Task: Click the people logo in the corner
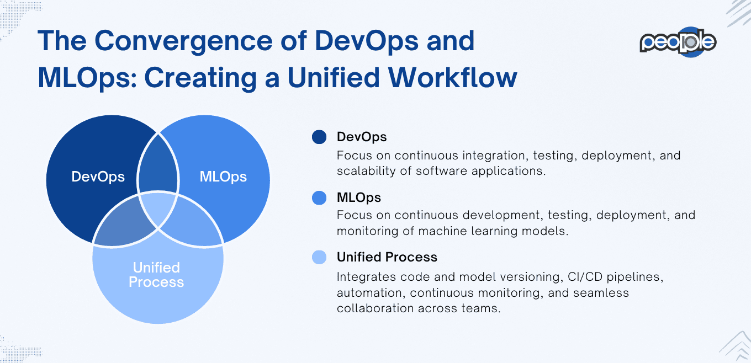(x=678, y=42)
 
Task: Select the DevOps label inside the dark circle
(x=98, y=177)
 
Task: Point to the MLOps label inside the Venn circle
(x=223, y=177)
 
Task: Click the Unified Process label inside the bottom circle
(x=156, y=275)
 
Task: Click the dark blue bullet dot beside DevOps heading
(x=319, y=137)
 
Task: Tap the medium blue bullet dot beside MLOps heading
(x=319, y=197)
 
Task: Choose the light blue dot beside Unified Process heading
(x=319, y=257)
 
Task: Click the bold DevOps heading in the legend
(x=362, y=137)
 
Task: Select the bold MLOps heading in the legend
(x=359, y=197)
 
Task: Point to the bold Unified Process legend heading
(x=387, y=257)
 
